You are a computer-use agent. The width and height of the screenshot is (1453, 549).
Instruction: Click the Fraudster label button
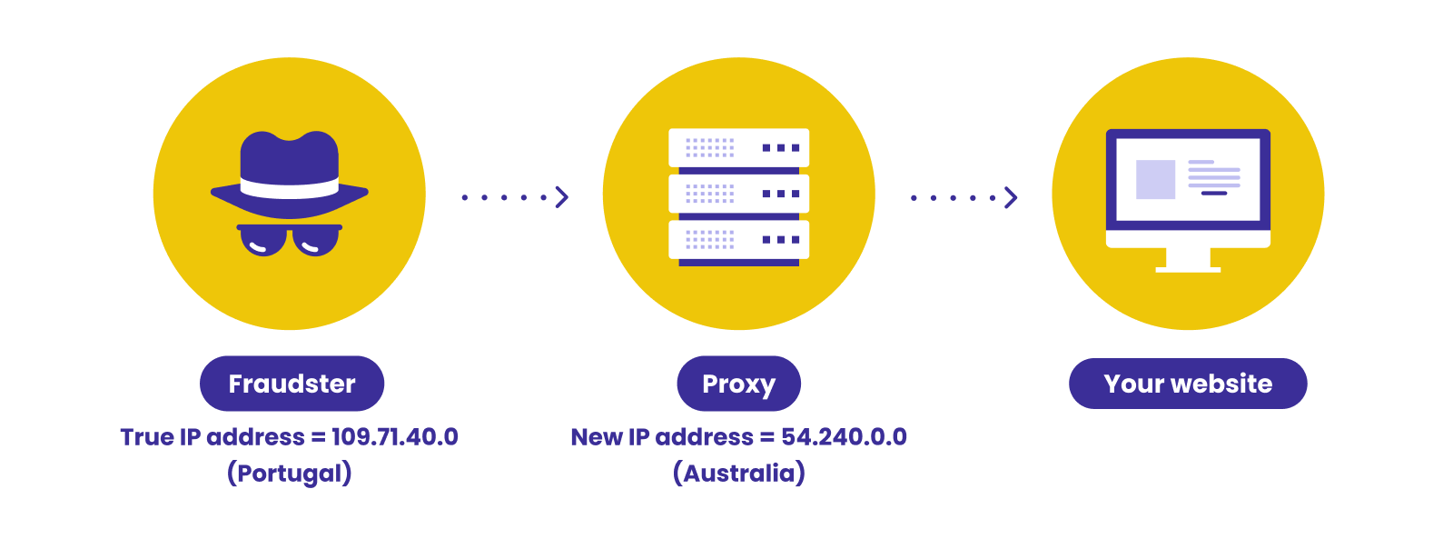(x=292, y=384)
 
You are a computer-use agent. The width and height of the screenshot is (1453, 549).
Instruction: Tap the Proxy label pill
(x=739, y=384)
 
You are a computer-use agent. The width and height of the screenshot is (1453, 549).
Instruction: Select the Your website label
(x=1188, y=384)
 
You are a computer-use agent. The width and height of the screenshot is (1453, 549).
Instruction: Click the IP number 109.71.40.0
(x=395, y=436)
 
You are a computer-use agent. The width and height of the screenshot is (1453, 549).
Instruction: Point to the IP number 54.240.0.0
(x=844, y=436)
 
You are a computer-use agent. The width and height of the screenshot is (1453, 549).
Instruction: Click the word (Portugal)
(x=290, y=473)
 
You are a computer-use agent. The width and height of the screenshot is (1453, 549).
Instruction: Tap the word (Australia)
(x=739, y=473)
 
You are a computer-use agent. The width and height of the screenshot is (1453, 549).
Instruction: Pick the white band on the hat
(x=290, y=187)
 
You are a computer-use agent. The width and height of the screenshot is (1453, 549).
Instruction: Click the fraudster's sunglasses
(x=290, y=240)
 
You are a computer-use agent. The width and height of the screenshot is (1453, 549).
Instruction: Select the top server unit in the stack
(x=739, y=148)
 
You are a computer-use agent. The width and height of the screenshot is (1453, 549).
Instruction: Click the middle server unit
(x=739, y=194)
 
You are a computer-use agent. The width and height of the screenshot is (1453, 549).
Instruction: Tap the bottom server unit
(x=739, y=239)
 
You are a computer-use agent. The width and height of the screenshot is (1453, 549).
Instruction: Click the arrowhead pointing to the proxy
(x=562, y=197)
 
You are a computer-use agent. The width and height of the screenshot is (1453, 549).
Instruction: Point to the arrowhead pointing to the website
(x=1011, y=197)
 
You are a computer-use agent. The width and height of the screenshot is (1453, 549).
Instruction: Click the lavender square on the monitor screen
(x=1155, y=179)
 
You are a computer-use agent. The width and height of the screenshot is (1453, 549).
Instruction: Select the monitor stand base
(x=1188, y=269)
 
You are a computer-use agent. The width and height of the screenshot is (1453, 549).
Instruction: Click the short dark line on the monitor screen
(x=1214, y=194)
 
